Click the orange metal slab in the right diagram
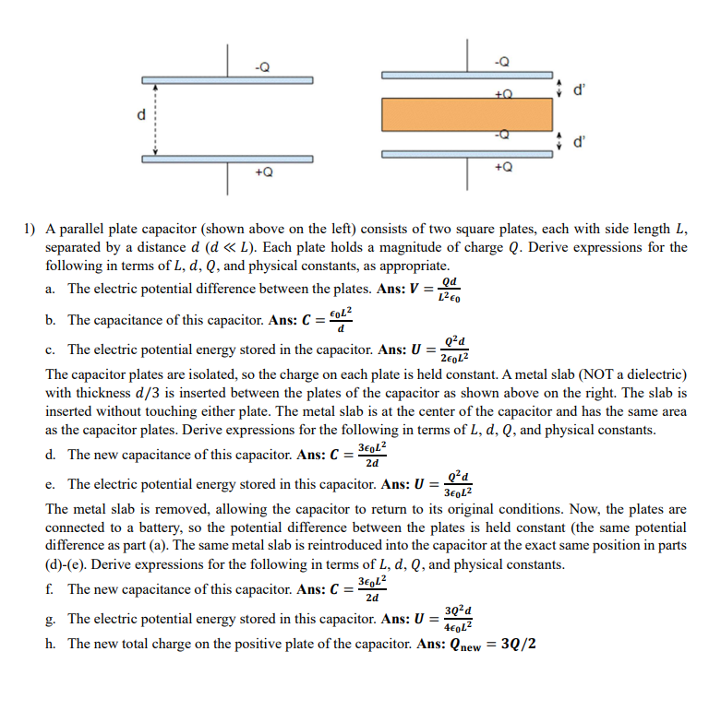coord(467,114)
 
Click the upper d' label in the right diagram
coord(579,90)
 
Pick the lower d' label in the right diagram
coord(579,141)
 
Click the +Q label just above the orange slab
coord(502,93)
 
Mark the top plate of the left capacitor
coord(227,77)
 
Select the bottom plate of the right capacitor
coord(467,153)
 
